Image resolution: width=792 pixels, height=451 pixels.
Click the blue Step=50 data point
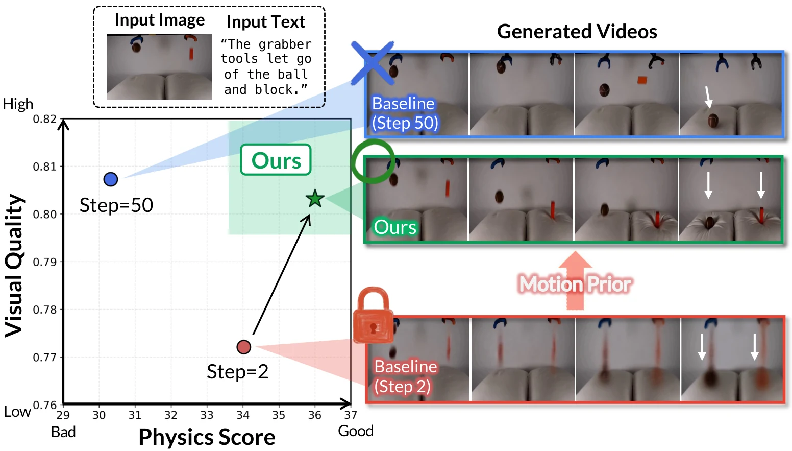[111, 179]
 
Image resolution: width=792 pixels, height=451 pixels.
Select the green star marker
[315, 199]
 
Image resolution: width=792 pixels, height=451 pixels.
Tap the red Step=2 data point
[244, 347]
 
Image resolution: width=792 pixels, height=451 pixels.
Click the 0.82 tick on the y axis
[45, 119]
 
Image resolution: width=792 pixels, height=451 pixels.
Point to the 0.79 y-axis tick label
[45, 262]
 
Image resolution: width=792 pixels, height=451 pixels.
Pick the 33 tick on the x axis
[207, 415]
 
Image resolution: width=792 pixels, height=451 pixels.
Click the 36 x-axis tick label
[315, 415]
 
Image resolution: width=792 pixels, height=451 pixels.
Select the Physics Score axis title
[207, 437]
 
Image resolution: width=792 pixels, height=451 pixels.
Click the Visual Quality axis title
[14, 266]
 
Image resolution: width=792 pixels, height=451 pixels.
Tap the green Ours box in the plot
[276, 160]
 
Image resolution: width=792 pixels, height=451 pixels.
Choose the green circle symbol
[373, 161]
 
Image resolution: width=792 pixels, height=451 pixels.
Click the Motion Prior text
[575, 284]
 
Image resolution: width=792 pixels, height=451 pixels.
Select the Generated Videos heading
[577, 32]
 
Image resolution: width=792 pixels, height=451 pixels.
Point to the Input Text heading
[266, 22]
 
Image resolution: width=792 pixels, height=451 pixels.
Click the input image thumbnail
[159, 66]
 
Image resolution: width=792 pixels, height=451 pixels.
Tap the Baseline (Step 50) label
[404, 113]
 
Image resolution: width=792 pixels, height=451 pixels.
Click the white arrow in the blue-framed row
[708, 97]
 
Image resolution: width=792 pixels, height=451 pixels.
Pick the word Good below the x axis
[356, 431]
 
